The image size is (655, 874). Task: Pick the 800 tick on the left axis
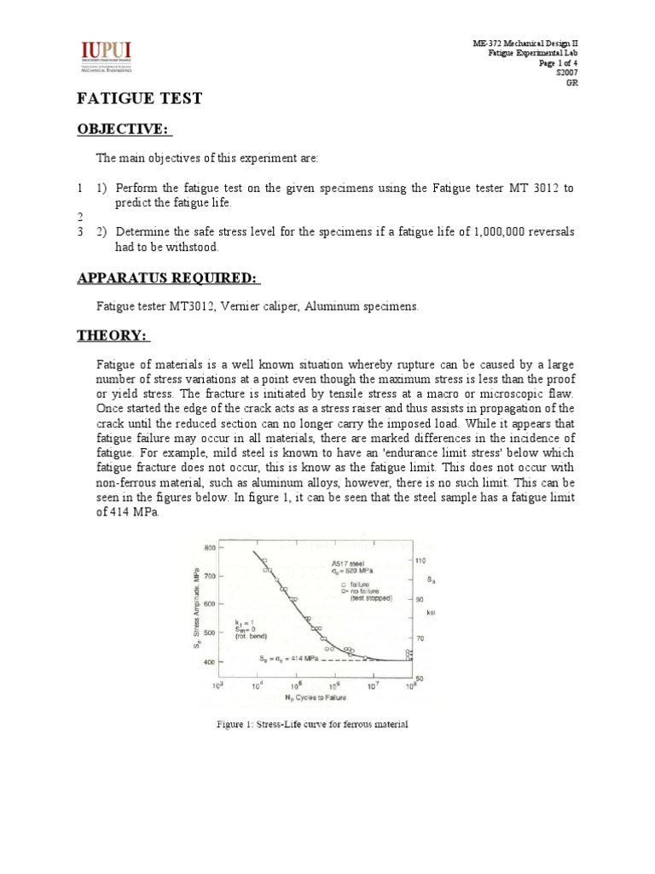tap(208, 546)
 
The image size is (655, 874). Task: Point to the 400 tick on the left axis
tap(208, 661)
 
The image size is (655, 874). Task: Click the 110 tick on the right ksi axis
tap(419, 561)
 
